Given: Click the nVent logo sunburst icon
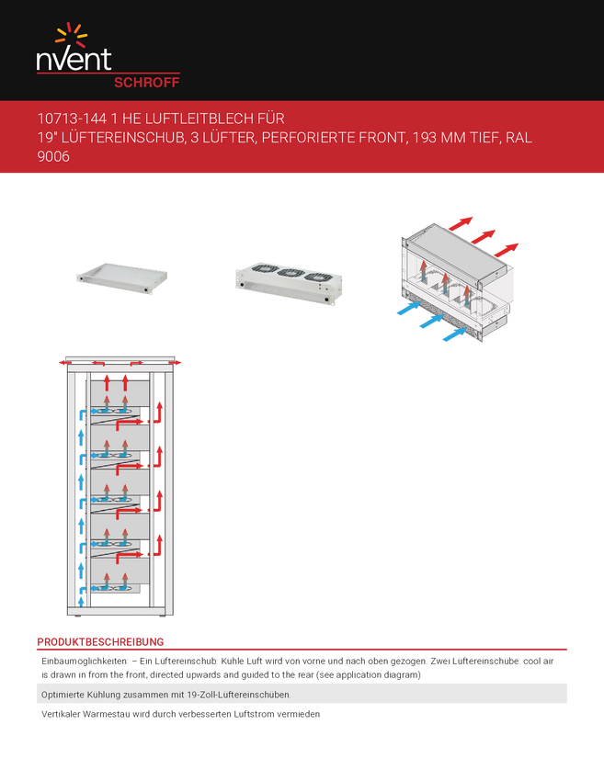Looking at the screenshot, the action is [x=72, y=34].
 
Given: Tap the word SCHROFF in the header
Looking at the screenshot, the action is [x=146, y=83].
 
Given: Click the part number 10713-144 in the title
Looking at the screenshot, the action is [x=72, y=119].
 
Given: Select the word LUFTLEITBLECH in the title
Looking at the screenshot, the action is [x=199, y=119].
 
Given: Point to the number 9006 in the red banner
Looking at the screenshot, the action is [x=53, y=156].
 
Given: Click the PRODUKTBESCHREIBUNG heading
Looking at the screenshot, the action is [x=100, y=642].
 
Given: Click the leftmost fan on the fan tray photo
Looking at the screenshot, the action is [x=265, y=268].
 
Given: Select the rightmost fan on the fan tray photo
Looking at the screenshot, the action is [x=317, y=277].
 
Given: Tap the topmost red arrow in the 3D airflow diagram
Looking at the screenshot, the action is [x=461, y=223].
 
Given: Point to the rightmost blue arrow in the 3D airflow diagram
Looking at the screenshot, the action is [x=454, y=334].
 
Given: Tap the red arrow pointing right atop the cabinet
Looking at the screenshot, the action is [x=176, y=363].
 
